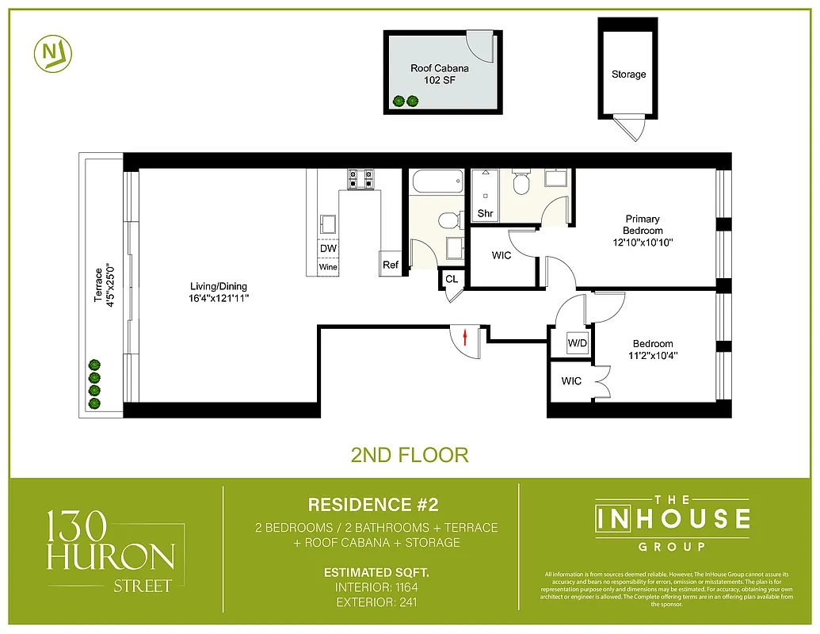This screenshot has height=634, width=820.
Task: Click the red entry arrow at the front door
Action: point(465,338)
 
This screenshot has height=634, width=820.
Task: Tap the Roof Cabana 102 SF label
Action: point(439,74)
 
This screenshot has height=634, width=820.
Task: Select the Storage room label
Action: point(628,74)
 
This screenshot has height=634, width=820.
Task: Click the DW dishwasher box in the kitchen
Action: point(328,249)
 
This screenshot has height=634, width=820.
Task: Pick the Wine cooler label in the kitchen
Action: point(328,267)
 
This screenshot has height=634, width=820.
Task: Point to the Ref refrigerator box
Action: point(391,265)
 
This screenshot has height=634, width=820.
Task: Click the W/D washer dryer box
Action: point(577,344)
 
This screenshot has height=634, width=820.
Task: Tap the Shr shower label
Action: point(485,213)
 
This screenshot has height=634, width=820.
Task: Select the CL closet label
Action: point(451,279)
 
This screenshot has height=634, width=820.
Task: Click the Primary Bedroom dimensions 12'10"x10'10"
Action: point(643,242)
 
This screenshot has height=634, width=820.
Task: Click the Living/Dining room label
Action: point(218,292)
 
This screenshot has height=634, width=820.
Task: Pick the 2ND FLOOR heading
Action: point(410,455)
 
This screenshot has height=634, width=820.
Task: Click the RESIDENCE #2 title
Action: point(372,505)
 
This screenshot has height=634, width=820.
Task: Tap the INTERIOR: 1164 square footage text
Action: point(372,587)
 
